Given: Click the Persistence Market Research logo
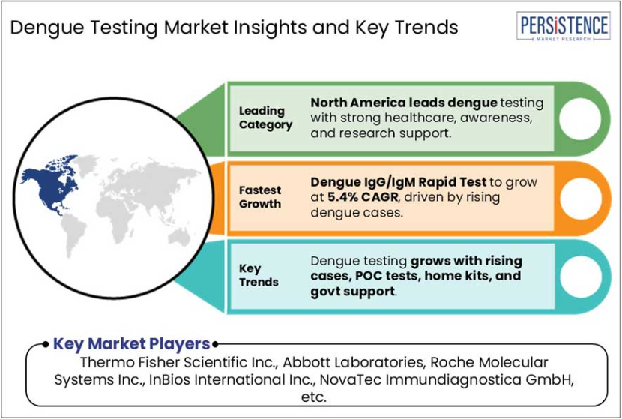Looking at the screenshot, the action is [x=564, y=26].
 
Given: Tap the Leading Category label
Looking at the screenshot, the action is [x=265, y=118].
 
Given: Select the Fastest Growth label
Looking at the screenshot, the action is [x=260, y=197].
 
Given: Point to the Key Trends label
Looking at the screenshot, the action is [x=259, y=275].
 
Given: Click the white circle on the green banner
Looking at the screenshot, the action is [x=580, y=118].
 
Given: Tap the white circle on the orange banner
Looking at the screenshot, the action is [x=580, y=198].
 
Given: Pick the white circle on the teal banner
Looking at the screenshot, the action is [x=580, y=277].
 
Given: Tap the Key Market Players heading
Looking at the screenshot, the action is [x=131, y=343].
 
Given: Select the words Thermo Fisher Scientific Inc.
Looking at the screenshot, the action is [x=178, y=362].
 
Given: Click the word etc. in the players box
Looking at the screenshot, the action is [x=314, y=397].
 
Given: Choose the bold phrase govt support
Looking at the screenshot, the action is [x=353, y=292].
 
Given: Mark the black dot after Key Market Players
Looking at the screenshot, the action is [x=215, y=344].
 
